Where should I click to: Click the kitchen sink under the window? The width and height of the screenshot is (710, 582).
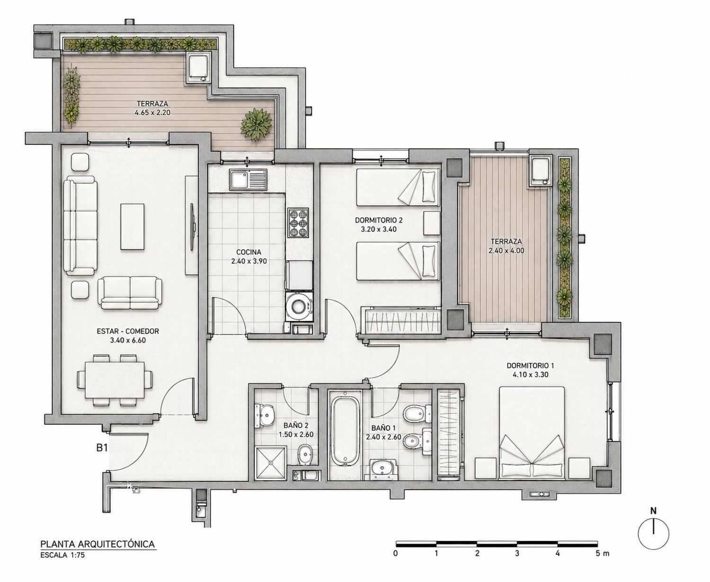[248, 180]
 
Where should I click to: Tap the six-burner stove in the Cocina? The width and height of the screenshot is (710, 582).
[298, 223]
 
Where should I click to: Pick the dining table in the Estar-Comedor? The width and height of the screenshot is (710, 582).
[115, 379]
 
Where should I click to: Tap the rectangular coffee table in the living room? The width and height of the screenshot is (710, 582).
[133, 226]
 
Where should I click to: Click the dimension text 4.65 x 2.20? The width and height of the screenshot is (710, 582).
[152, 113]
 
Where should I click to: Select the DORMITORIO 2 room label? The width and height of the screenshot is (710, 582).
[379, 221]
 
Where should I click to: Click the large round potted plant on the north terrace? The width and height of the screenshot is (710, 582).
[256, 124]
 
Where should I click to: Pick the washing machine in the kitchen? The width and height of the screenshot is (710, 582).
[298, 307]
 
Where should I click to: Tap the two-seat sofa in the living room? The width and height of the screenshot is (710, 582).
[130, 293]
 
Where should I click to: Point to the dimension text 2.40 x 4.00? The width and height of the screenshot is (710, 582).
[506, 251]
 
